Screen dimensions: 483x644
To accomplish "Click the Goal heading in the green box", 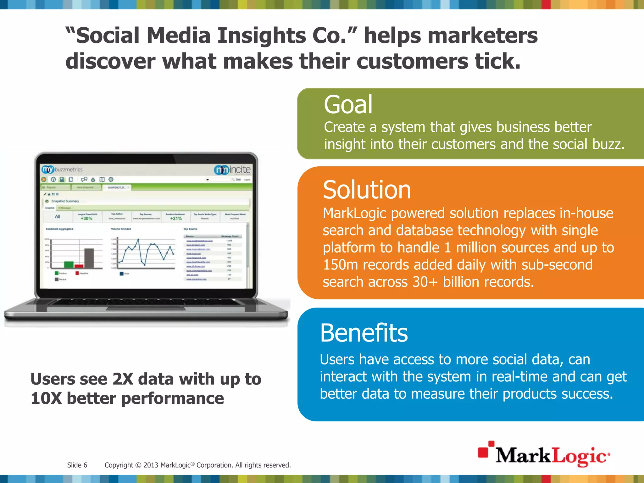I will point(348,105).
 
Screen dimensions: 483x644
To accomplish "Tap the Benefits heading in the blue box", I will point(364,333).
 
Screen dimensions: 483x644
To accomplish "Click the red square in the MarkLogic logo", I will point(483,452).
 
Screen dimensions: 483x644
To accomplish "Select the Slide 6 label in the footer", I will point(77,465).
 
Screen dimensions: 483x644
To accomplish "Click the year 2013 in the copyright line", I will point(151,465).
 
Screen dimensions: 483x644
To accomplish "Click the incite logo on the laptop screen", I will point(233,170).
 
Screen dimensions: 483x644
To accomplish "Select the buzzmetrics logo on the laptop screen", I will point(62,169).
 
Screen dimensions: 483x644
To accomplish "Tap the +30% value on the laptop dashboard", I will point(86,219).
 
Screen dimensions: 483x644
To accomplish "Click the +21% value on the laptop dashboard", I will point(176,219).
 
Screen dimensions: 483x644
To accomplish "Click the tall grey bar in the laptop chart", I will point(89,258).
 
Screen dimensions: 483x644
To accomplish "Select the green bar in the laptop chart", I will point(69,264).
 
